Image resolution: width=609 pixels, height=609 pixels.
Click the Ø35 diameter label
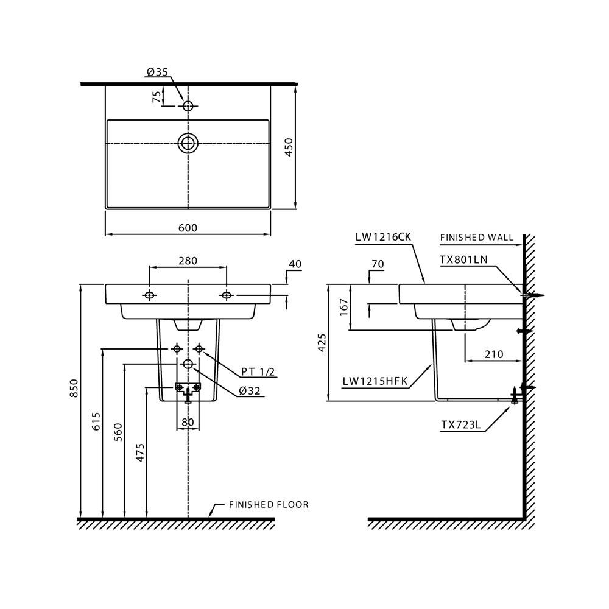(157, 72)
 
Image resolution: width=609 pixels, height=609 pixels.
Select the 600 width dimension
(188, 227)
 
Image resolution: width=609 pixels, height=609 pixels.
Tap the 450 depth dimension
(289, 146)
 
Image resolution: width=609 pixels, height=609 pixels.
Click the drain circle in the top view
(188, 143)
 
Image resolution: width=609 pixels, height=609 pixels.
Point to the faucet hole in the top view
(188, 106)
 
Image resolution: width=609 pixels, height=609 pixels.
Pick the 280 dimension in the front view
(188, 261)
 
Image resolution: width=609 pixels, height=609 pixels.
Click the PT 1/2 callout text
(258, 371)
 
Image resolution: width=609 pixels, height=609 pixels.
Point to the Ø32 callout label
(250, 392)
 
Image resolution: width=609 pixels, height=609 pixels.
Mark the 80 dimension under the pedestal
(187, 421)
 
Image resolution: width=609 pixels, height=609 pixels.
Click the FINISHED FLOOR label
(269, 505)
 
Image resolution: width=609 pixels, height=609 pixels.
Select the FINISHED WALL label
(476, 238)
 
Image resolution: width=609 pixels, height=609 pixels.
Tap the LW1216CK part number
(384, 238)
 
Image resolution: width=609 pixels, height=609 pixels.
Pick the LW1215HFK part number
(375, 382)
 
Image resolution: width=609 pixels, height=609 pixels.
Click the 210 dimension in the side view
(495, 354)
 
